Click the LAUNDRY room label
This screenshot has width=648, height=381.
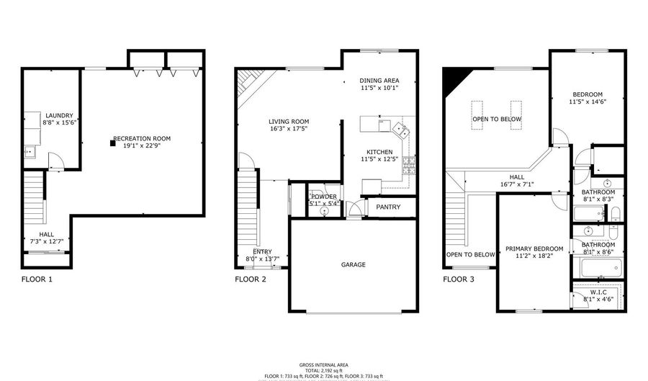pos(59,115)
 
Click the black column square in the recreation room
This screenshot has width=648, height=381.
pos(112,143)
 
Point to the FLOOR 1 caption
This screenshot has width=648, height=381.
pos(36,279)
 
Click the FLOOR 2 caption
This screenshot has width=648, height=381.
pos(251,279)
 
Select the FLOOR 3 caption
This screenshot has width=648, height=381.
pos(458,279)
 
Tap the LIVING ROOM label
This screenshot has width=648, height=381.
pos(289,121)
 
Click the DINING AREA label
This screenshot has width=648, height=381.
pos(379,80)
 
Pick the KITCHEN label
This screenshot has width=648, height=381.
pos(379,152)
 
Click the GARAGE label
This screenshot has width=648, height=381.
pos(353,264)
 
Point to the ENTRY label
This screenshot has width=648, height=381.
pos(262,251)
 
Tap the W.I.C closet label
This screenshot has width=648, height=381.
pos(598,292)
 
